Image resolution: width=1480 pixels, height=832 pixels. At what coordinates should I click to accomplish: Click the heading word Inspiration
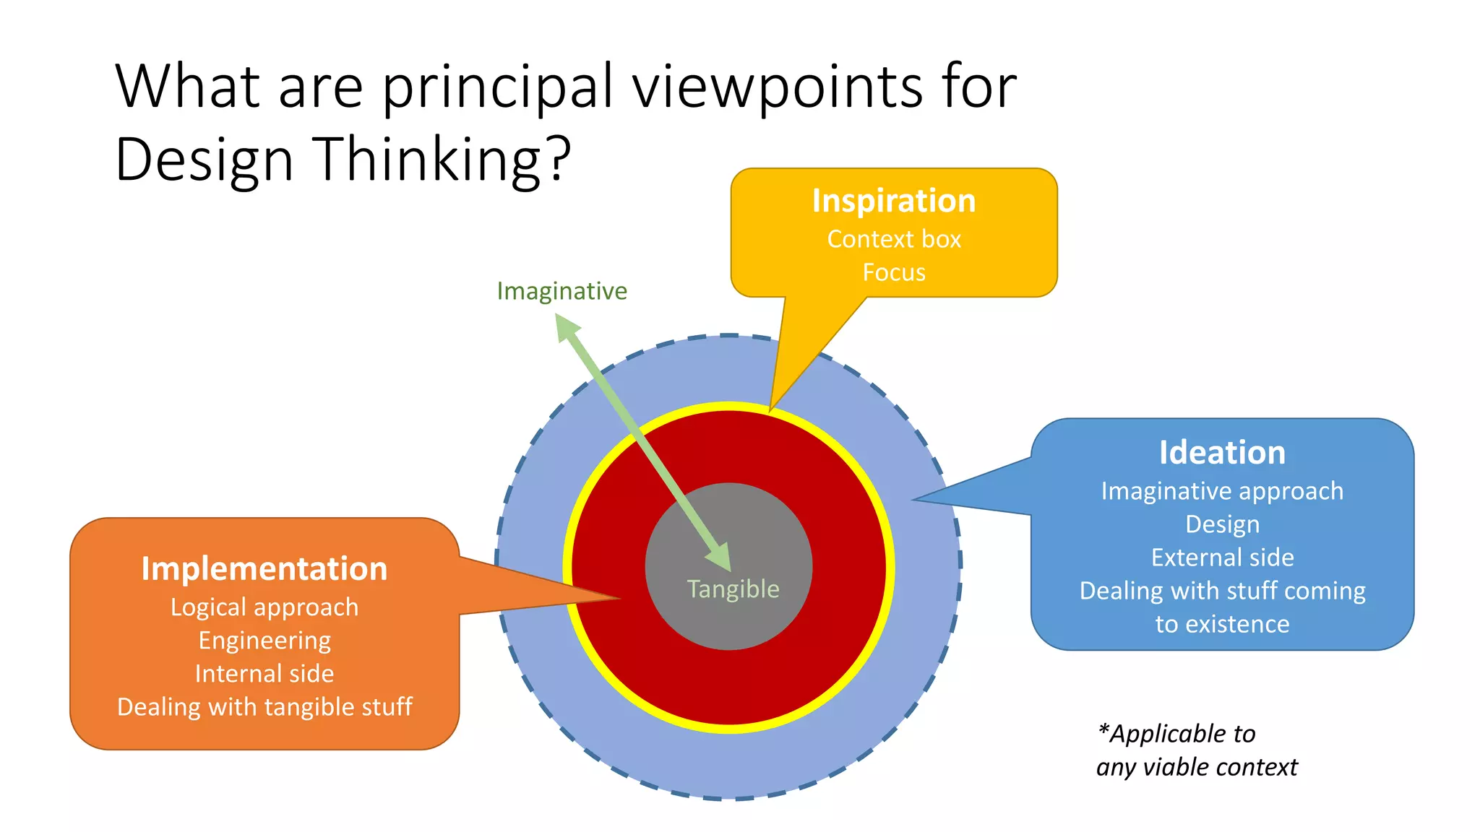pyautogui.click(x=894, y=201)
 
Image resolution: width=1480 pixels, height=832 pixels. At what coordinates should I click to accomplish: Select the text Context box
pyautogui.click(x=894, y=239)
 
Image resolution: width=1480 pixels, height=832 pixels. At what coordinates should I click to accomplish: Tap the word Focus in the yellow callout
pyautogui.click(x=894, y=272)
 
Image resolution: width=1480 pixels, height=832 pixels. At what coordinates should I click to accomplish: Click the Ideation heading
pyautogui.click(x=1222, y=453)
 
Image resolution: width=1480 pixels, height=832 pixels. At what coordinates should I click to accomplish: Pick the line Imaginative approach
pyautogui.click(x=1222, y=491)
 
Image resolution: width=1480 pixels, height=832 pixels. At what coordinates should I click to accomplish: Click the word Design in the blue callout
pyautogui.click(x=1222, y=524)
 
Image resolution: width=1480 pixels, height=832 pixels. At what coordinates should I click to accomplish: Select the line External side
pyautogui.click(x=1222, y=558)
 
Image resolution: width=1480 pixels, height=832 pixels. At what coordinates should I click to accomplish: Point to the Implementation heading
pyautogui.click(x=264, y=569)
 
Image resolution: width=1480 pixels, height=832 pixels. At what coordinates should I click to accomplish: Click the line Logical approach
pyautogui.click(x=264, y=607)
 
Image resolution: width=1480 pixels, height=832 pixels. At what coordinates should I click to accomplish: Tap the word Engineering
pyautogui.click(x=264, y=641)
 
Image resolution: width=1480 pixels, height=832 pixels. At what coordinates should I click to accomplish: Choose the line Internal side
pyautogui.click(x=264, y=674)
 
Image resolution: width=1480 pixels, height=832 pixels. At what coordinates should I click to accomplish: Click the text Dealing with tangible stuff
pyautogui.click(x=264, y=707)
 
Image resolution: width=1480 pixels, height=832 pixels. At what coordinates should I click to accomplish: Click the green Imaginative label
pyautogui.click(x=562, y=291)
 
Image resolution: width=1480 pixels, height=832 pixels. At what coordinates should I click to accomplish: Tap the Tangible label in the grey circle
pyautogui.click(x=733, y=589)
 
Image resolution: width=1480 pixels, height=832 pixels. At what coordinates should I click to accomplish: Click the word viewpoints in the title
pyautogui.click(x=778, y=87)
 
